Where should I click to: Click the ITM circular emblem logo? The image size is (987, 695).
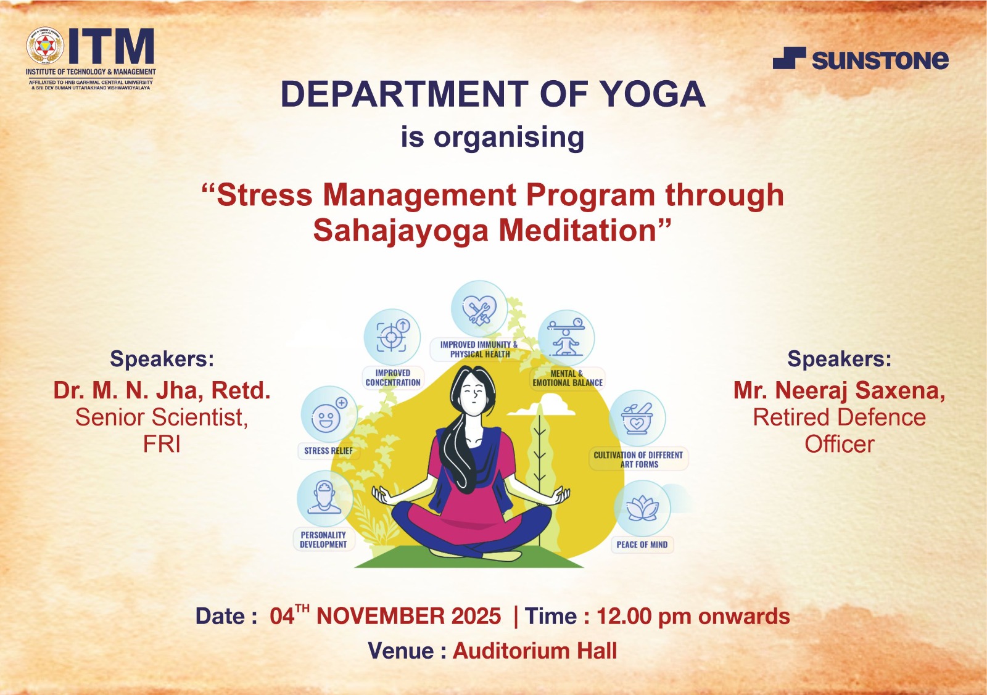pyautogui.click(x=46, y=46)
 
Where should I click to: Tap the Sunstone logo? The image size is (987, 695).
pyautogui.click(x=861, y=59)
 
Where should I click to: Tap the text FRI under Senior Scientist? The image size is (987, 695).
pyautogui.click(x=162, y=445)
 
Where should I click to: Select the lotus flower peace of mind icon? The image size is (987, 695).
pyautogui.click(x=642, y=508)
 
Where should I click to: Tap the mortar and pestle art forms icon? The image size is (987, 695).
pyautogui.click(x=637, y=418)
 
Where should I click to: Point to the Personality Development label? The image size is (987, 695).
pyautogui.click(x=323, y=540)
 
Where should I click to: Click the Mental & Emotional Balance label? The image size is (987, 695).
pyautogui.click(x=568, y=378)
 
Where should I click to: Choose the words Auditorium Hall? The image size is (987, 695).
pyautogui.click(x=535, y=651)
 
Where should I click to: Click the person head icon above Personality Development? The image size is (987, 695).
pyautogui.click(x=324, y=498)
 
